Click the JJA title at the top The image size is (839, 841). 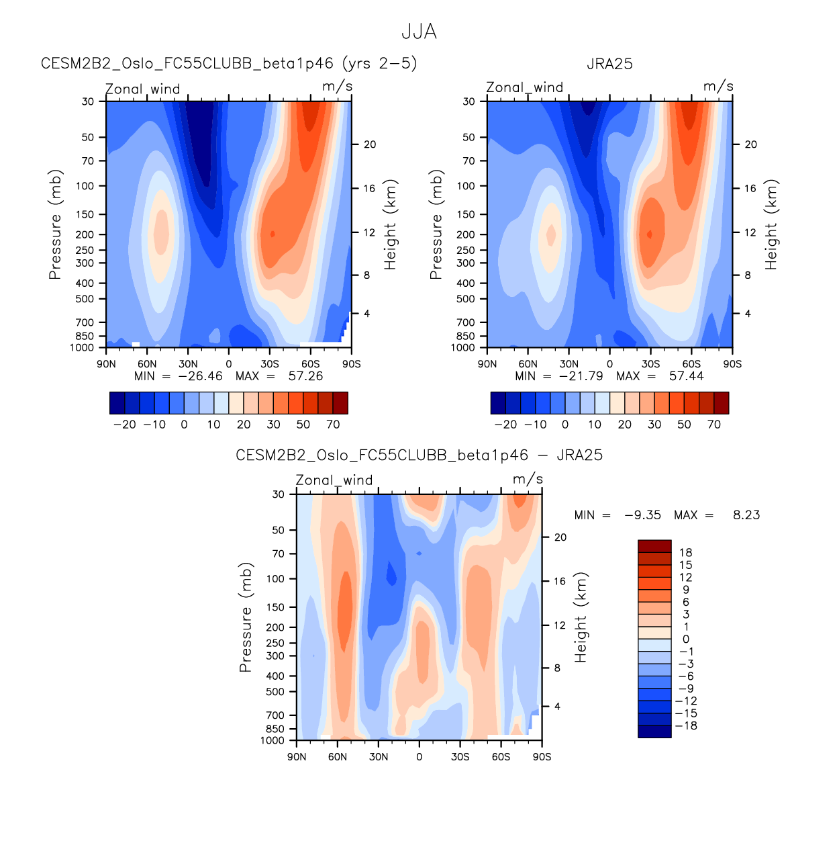click(x=419, y=32)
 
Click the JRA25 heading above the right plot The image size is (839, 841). click(x=609, y=64)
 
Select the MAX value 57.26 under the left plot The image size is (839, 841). click(x=305, y=376)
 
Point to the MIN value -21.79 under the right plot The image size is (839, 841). click(x=581, y=376)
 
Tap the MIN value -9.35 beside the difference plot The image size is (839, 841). click(x=642, y=515)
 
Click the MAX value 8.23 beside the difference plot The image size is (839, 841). click(x=746, y=515)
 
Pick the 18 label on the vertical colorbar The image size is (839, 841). click(x=685, y=553)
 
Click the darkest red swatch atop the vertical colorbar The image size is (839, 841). click(x=654, y=546)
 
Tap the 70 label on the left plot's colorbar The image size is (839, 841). click(x=333, y=425)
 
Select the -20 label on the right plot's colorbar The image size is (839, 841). click(x=505, y=425)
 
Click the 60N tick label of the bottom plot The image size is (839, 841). click(x=338, y=757)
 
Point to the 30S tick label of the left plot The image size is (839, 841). click(x=270, y=364)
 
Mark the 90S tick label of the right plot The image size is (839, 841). click(x=732, y=364)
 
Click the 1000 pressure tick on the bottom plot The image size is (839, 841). click(x=273, y=740)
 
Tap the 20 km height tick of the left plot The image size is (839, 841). click(x=370, y=144)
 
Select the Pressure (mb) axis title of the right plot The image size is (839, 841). click(x=436, y=224)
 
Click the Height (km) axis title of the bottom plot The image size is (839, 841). click(x=581, y=617)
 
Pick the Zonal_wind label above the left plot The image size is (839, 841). click(x=142, y=89)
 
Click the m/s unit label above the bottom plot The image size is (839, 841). click(x=528, y=480)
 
